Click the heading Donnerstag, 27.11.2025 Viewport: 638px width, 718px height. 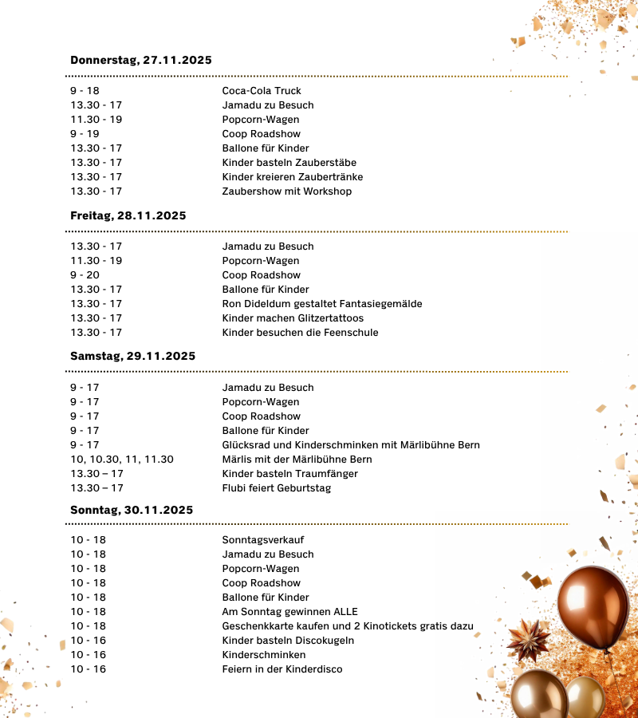click(140, 61)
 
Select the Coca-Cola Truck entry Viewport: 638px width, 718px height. click(261, 91)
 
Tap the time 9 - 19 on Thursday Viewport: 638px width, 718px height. click(85, 134)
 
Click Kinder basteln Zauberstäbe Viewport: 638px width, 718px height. click(289, 163)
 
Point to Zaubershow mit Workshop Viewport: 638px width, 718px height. click(286, 191)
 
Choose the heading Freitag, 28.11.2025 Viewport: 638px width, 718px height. click(128, 216)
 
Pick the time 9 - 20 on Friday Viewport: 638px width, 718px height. click(85, 275)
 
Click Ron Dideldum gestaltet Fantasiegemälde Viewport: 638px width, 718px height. click(321, 304)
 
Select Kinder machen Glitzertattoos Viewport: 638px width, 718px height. click(293, 318)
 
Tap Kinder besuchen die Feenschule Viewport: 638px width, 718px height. click(300, 333)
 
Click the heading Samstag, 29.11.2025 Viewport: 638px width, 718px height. click(132, 356)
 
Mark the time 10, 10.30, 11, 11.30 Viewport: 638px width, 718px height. click(121, 460)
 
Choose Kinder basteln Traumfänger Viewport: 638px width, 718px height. click(289, 474)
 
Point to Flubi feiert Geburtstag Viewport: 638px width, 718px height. click(276, 488)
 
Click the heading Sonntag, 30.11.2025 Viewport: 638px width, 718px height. click(132, 510)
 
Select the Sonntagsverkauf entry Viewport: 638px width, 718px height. click(262, 540)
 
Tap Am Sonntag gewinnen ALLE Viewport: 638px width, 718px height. click(289, 612)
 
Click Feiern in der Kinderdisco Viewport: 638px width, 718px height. click(282, 669)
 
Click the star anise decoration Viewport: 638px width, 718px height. click(529, 639)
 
